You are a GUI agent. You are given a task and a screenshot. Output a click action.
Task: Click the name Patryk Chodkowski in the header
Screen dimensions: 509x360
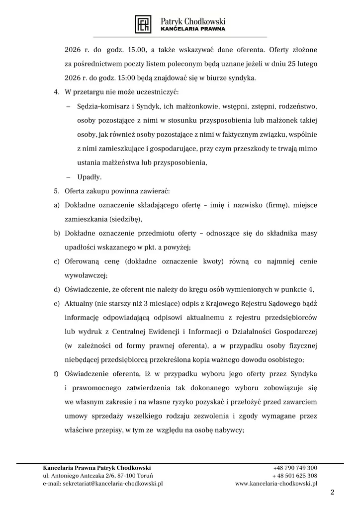point(193,21)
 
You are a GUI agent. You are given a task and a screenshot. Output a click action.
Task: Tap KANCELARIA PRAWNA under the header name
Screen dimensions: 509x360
point(193,29)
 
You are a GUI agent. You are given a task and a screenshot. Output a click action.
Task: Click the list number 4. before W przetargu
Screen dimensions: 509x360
point(56,92)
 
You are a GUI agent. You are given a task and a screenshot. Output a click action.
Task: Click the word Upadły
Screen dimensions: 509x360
point(90,177)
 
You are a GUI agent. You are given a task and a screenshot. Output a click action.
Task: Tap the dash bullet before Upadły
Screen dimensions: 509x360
point(68,177)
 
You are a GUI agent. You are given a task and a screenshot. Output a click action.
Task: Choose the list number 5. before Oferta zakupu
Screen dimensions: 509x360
point(56,191)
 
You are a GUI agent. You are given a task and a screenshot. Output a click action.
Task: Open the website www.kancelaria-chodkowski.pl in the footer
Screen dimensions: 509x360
point(276,483)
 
